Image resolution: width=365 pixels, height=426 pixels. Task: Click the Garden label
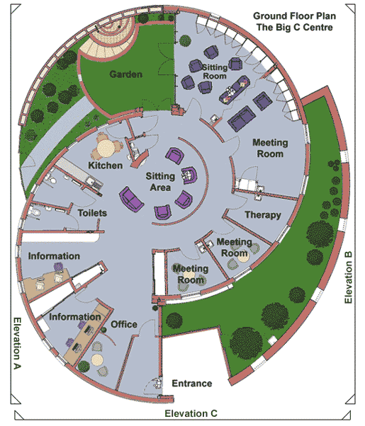pos(125,74)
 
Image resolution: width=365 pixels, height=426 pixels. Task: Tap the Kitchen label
pos(106,165)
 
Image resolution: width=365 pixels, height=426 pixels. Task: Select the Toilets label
pos(92,213)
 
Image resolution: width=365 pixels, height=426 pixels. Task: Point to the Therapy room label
pos(263,215)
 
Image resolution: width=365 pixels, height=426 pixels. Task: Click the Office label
pos(124,324)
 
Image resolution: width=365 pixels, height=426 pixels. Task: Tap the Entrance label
pos(192,384)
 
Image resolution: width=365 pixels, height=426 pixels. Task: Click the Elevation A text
pos(18,343)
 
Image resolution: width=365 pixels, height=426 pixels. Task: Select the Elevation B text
pos(349,277)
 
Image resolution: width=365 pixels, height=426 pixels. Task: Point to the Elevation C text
pos(191,413)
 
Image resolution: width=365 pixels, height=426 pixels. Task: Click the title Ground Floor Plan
pos(295,16)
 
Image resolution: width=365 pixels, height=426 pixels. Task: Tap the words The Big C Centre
pos(295,27)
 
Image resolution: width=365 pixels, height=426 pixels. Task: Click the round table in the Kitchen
pos(106,149)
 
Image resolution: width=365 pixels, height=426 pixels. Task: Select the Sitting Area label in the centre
pos(160,182)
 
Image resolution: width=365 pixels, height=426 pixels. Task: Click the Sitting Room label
pos(215,71)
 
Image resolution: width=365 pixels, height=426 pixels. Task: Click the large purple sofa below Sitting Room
pos(242,119)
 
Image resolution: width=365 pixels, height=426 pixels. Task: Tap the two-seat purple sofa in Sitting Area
pos(131,199)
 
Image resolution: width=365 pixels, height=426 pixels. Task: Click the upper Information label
pos(54,256)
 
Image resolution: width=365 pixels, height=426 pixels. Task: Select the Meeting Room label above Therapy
pos(270,148)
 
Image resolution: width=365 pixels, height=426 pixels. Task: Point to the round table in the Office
pos(97,360)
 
